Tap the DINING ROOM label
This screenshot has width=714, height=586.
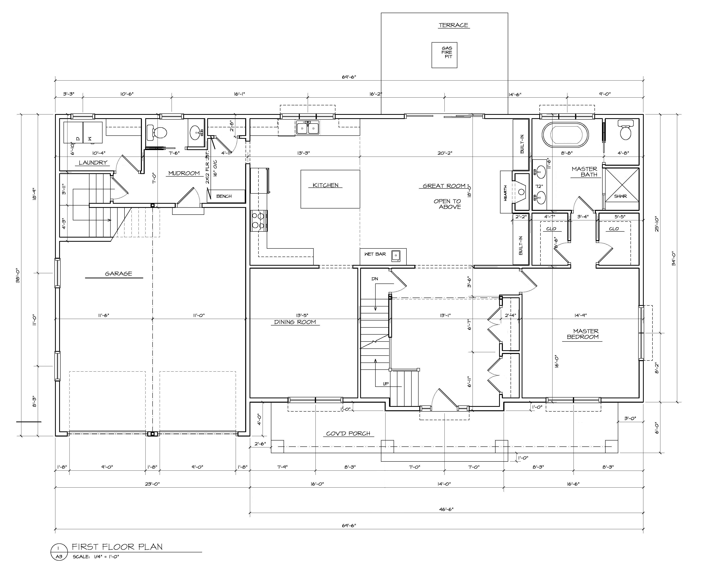click(295, 322)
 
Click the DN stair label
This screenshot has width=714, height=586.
click(375, 279)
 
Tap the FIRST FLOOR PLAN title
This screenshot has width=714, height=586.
click(117, 547)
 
